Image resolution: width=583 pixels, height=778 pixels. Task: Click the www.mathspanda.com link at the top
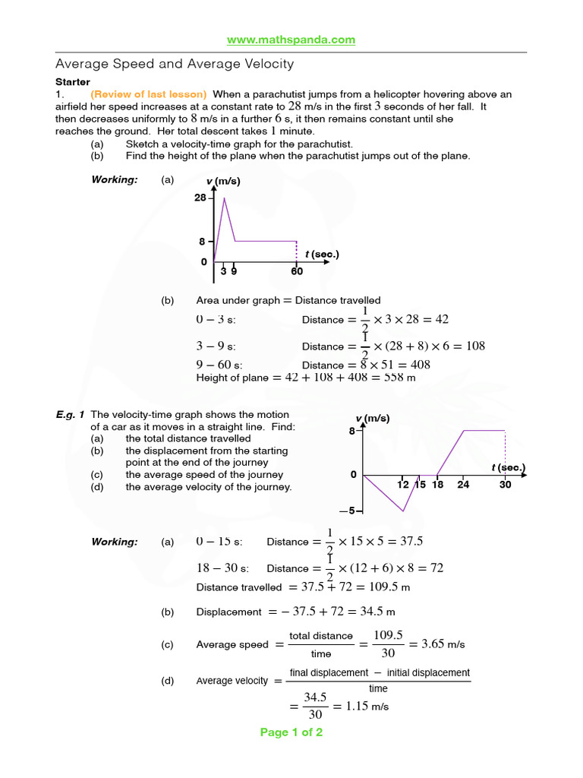291,40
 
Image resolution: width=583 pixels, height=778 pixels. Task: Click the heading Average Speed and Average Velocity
175,65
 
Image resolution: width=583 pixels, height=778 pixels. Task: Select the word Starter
73,82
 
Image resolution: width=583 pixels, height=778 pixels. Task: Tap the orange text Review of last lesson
149,94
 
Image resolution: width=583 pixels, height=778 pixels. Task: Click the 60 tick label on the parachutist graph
296,270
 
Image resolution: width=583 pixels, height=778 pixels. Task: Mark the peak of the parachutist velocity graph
224,198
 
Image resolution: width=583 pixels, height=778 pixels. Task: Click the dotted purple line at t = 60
296,251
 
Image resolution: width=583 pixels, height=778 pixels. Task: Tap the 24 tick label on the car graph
463,484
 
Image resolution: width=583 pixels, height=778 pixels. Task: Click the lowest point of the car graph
403,511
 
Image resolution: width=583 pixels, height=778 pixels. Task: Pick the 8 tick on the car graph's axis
352,431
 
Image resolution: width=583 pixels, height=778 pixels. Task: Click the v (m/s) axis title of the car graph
372,419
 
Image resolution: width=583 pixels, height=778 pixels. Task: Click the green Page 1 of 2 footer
291,732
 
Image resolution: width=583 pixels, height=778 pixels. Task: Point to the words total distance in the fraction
321,636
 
